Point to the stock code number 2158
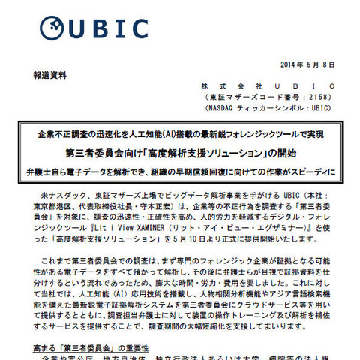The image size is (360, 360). [311, 97]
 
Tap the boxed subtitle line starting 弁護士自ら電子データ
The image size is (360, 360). [180, 170]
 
